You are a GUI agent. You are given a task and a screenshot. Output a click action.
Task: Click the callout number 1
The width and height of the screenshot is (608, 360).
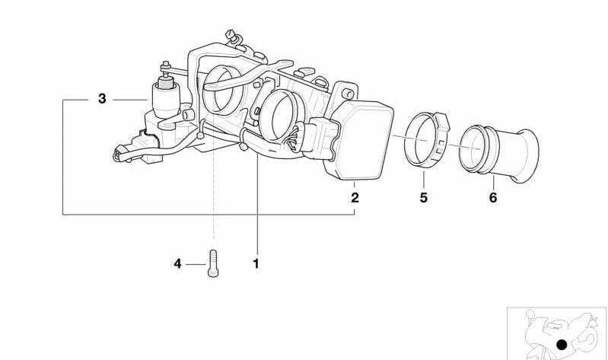tap(256, 264)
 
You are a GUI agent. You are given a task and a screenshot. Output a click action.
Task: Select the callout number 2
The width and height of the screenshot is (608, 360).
tap(355, 198)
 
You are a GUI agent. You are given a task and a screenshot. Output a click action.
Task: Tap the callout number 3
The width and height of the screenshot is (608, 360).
tap(102, 98)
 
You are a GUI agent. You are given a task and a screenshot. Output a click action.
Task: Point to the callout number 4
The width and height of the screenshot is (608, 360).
tap(177, 264)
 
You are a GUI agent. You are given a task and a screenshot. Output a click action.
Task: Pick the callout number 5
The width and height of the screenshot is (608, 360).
tap(423, 198)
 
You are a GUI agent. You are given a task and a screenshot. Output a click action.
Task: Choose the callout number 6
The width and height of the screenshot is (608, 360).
tap(493, 198)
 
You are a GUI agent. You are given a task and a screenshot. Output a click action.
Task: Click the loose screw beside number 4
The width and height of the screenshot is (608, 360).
tap(213, 263)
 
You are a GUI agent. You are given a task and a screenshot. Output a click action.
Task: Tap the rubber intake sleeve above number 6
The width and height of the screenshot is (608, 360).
tap(498, 153)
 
